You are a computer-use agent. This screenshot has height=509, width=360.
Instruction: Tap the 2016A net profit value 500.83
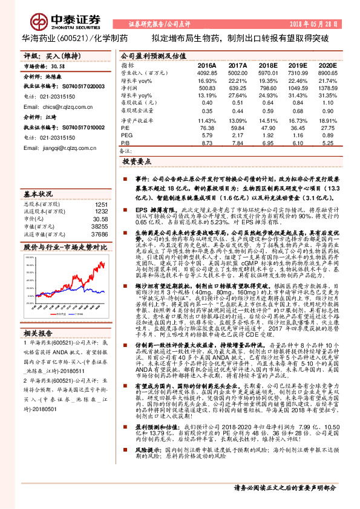click(x=206, y=88)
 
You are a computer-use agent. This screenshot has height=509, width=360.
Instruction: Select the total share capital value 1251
click(x=102, y=204)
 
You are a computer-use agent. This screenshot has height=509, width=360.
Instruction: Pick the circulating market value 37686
click(x=99, y=234)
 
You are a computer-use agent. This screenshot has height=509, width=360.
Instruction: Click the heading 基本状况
click(x=38, y=195)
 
